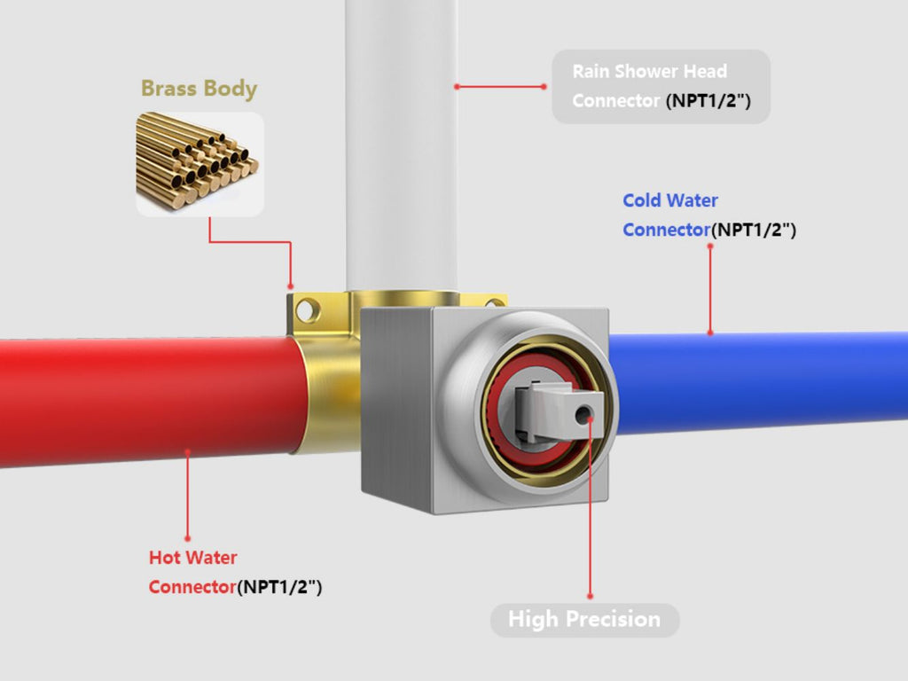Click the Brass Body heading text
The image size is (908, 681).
[199, 89]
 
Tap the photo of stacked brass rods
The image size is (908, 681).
[199, 163]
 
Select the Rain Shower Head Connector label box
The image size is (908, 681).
[661, 86]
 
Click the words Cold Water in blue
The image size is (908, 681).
[670, 200]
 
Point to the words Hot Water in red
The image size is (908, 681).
[192, 558]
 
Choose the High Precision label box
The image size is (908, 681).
[584, 619]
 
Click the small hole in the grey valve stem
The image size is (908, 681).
[583, 414]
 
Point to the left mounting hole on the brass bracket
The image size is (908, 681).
[306, 311]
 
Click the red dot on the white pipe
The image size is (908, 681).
[456, 86]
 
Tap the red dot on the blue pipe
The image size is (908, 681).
[709, 333]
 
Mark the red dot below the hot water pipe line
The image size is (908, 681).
[187, 537]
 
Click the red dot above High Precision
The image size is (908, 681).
[590, 596]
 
